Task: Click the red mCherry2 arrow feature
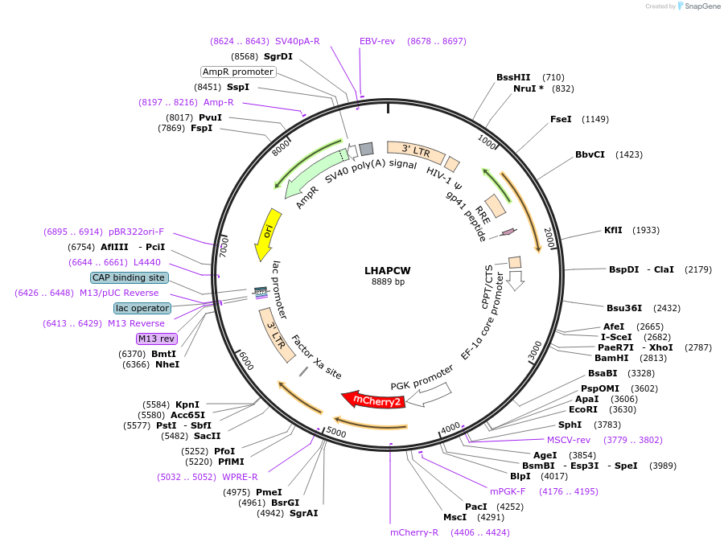click(372, 400)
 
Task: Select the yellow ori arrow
click(267, 234)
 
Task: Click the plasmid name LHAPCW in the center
click(388, 270)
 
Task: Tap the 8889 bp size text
click(388, 281)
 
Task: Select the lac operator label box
click(142, 308)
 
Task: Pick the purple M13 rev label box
click(156, 339)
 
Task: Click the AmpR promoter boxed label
click(238, 72)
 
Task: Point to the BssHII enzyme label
click(513, 77)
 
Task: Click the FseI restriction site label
click(561, 119)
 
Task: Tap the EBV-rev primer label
click(377, 41)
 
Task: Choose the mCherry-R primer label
click(414, 532)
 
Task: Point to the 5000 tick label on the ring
click(336, 433)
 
